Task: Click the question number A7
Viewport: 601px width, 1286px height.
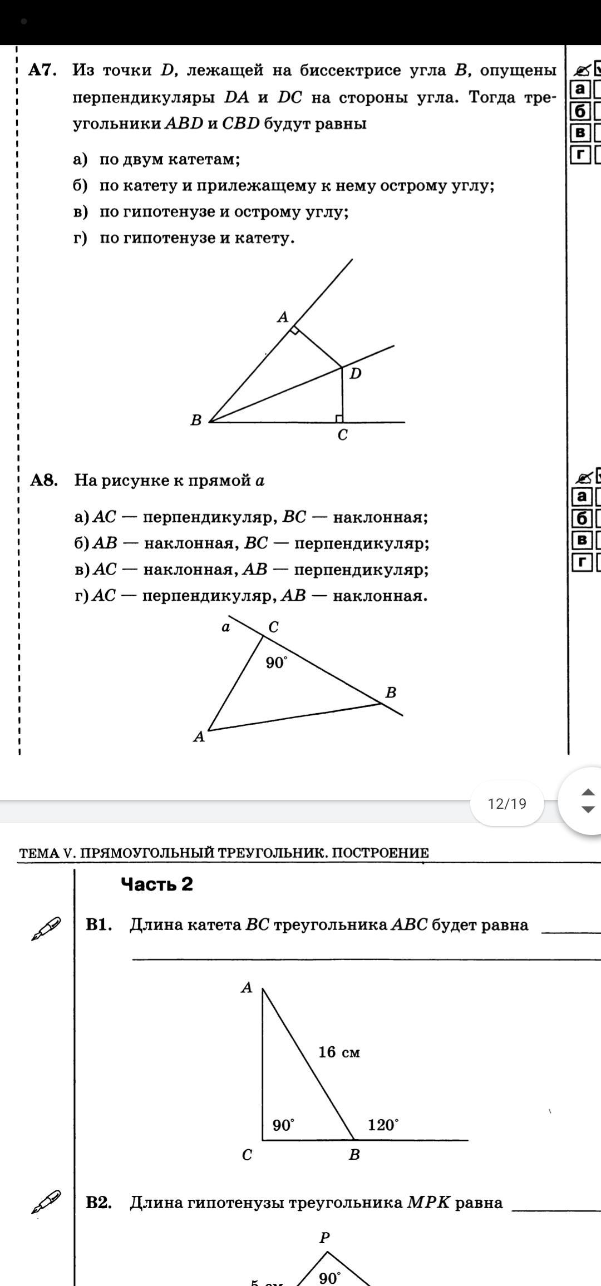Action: pos(42,70)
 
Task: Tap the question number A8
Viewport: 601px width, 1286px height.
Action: pos(44,480)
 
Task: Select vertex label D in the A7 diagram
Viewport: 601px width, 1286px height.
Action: pos(356,374)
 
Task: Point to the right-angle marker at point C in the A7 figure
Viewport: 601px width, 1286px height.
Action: pos(339,418)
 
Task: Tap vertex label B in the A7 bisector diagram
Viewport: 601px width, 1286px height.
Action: pos(196,420)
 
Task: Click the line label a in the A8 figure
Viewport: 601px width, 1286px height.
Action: pos(225,627)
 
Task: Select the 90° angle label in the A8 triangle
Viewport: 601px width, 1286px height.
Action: pos(277,662)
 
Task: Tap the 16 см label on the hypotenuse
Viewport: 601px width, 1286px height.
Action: pos(339,1052)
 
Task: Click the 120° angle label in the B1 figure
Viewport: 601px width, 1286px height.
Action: pos(383,1125)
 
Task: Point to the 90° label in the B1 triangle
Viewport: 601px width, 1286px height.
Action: pos(283,1125)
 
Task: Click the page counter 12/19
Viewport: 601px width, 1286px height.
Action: pos(506,804)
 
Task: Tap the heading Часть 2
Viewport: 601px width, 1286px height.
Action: pos(157,884)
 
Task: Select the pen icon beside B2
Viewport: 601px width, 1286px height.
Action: pos(46,1201)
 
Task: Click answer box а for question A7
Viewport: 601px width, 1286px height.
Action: pos(580,89)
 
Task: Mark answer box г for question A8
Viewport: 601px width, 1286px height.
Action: pos(582,562)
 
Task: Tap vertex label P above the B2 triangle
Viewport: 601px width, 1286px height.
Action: pos(325,1238)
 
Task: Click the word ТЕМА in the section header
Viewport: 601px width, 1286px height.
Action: pos(40,853)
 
